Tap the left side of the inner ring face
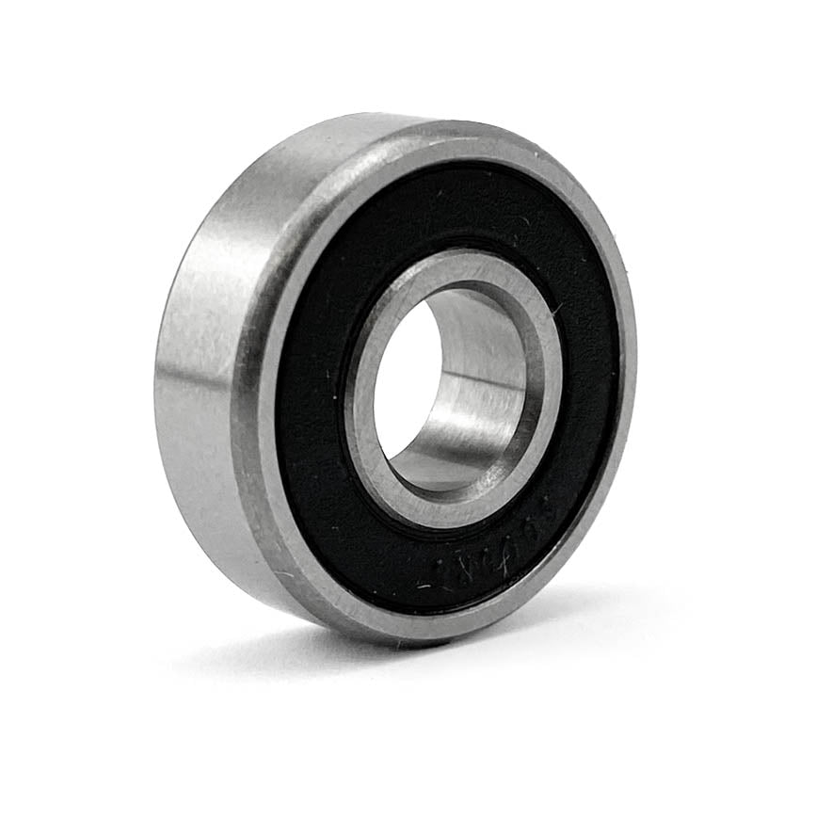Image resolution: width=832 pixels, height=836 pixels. click(363, 414)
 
